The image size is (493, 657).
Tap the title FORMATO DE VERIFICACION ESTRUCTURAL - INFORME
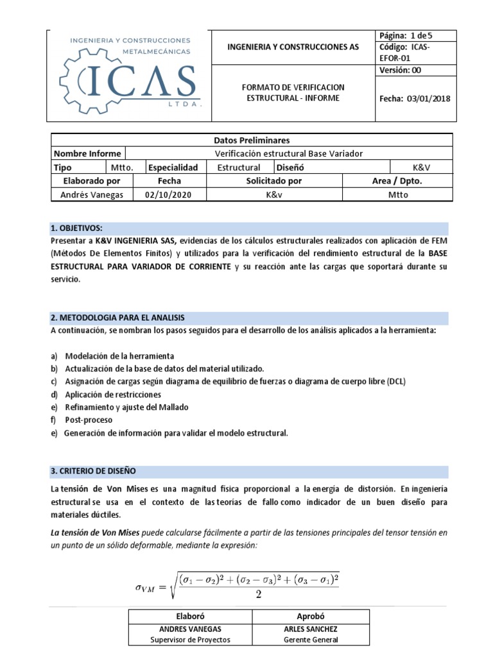293,92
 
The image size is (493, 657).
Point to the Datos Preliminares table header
251,140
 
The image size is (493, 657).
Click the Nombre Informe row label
87,153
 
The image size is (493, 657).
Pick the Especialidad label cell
174,167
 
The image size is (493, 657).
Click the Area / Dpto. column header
397,181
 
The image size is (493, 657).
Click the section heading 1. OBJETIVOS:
76,228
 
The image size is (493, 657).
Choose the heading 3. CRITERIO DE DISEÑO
93,471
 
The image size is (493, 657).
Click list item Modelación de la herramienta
119,356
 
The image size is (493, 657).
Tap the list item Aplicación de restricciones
113,395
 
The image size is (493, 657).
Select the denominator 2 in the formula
259,593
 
